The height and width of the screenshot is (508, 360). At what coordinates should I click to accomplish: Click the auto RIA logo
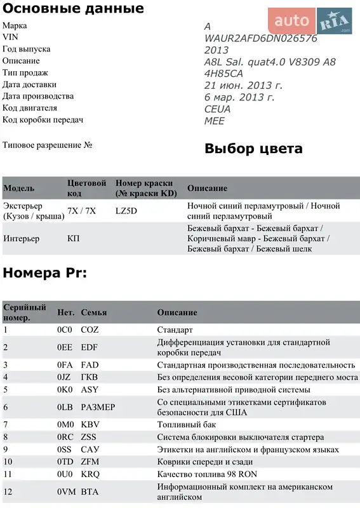[x=309, y=21]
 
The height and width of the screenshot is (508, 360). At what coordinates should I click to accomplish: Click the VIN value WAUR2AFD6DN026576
[x=260, y=38]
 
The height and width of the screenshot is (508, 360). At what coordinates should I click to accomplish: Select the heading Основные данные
[x=73, y=9]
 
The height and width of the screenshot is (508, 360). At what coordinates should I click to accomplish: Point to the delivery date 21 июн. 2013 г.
[x=243, y=85]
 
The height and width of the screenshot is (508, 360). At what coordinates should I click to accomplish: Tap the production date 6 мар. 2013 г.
[x=239, y=97]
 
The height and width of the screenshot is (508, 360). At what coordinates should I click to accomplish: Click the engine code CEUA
[x=217, y=109]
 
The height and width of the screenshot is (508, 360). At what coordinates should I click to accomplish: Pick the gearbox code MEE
[x=214, y=121]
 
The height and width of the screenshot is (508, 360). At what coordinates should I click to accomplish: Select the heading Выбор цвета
[x=253, y=149]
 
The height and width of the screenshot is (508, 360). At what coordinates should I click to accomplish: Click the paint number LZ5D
[x=126, y=211]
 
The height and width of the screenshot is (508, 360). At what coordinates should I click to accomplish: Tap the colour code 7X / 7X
[x=81, y=211]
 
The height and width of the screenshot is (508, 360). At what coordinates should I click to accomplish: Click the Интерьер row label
[x=21, y=239]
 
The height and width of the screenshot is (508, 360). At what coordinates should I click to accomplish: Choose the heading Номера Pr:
[x=44, y=273]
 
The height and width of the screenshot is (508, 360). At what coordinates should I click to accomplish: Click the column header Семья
[x=93, y=312]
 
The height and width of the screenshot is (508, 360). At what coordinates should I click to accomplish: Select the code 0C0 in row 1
[x=65, y=330]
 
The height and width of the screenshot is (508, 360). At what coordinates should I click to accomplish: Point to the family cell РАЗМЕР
[x=98, y=407]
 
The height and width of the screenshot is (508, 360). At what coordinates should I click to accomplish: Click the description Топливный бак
[x=187, y=424]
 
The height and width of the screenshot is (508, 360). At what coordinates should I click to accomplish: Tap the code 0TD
[x=65, y=462]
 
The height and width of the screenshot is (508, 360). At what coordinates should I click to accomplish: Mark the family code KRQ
[x=90, y=474]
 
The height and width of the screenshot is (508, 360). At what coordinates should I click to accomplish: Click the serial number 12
[x=8, y=491]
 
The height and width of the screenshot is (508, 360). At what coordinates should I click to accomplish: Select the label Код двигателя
[x=31, y=108]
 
